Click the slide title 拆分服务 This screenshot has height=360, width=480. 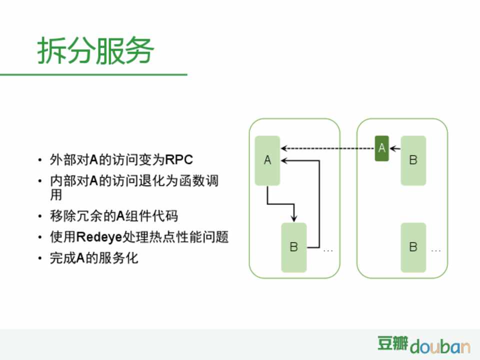pyautogui.click(x=95, y=51)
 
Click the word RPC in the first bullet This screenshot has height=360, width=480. pyautogui.click(x=179, y=159)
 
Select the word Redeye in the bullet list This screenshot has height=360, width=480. pyautogui.click(x=99, y=237)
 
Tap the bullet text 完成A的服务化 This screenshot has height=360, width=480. pyautogui.click(x=94, y=258)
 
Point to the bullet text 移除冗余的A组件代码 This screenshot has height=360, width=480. pyautogui.click(x=114, y=216)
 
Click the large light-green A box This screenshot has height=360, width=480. pyautogui.click(x=267, y=160)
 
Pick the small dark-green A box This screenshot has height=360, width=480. pyautogui.click(x=381, y=148)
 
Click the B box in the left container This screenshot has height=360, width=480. pyautogui.click(x=294, y=247)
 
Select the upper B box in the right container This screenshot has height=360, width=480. pyautogui.click(x=413, y=160)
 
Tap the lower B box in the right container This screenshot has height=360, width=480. pyautogui.click(x=413, y=247)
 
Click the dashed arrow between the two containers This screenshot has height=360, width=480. pyautogui.click(x=328, y=148)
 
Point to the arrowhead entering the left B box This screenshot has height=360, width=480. pyautogui.click(x=294, y=218)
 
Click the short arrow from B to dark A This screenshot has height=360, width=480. pyautogui.click(x=395, y=149)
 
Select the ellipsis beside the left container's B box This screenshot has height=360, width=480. pyautogui.click(x=328, y=250)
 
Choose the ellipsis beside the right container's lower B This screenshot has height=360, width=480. pyautogui.click(x=435, y=250)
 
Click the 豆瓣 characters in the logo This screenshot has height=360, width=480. pyautogui.click(x=392, y=343)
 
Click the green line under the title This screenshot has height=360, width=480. pyautogui.click(x=93, y=74)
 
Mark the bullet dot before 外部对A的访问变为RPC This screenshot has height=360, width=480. pyautogui.click(x=40, y=160)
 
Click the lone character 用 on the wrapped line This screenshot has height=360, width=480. pyautogui.click(x=56, y=195)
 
